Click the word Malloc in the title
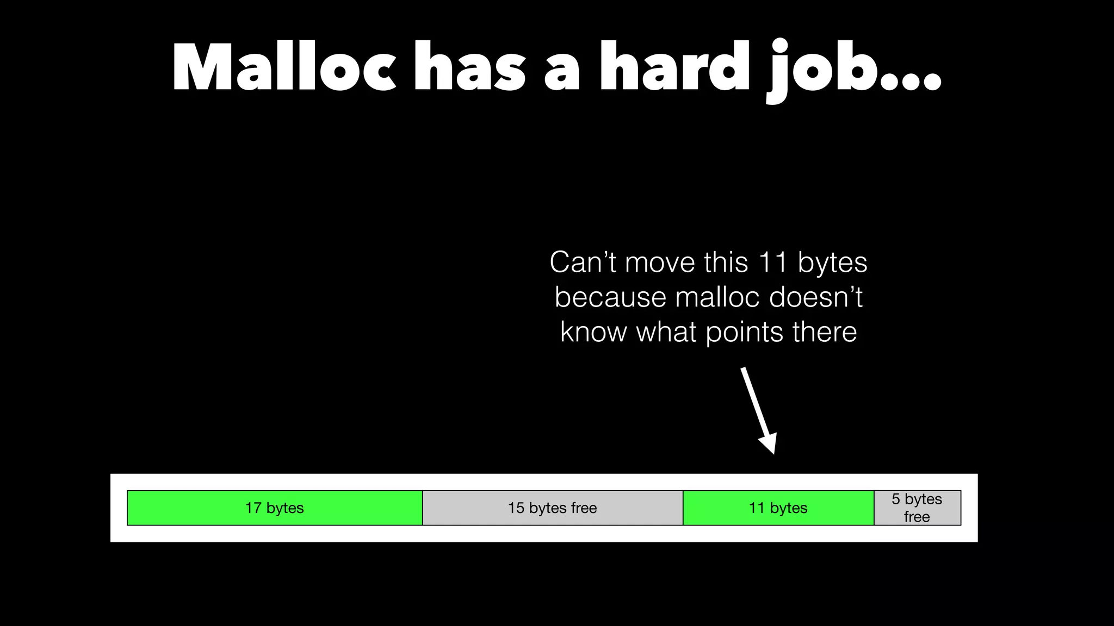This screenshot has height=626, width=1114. click(283, 68)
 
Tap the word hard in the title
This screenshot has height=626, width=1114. click(674, 68)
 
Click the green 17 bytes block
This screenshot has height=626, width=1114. click(275, 508)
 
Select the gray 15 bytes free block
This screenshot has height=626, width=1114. click(553, 508)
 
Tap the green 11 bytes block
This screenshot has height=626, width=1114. click(778, 508)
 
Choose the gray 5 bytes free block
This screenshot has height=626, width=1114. click(917, 508)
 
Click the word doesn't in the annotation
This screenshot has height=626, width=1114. click(816, 297)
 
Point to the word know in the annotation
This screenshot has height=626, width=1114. click(593, 332)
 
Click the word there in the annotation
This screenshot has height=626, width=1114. click(825, 332)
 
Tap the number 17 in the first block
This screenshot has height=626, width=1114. click(253, 508)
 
